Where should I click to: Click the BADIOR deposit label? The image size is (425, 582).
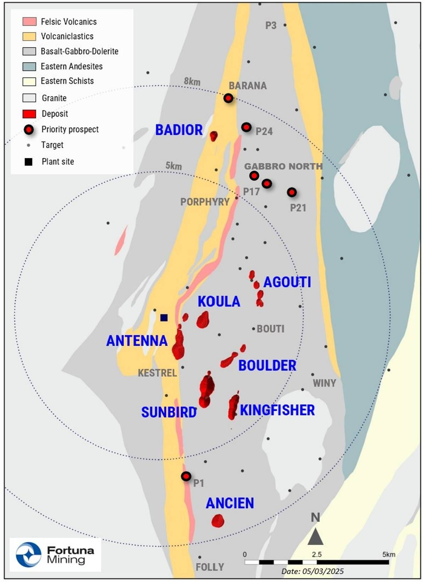179,130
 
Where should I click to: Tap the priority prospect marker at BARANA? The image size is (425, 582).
228,98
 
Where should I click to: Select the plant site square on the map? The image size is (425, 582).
164,317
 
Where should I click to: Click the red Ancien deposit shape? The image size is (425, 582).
217,521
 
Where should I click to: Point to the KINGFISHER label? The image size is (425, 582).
277,410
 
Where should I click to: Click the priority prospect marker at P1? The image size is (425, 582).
186,476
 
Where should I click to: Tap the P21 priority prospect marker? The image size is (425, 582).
292,192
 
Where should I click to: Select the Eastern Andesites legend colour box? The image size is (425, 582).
29,66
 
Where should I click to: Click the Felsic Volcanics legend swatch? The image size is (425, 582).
29,21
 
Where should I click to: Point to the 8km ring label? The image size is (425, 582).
192,82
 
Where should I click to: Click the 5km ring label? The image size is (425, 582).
173,166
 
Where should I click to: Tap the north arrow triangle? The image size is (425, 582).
315,537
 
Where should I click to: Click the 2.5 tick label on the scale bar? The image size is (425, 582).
316,554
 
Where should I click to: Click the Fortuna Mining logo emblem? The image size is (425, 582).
29,554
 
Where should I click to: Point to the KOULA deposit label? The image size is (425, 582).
219,301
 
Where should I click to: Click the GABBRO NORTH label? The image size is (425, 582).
283,166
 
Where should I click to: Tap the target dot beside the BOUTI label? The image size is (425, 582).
253,329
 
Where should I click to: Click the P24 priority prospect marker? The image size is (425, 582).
246,127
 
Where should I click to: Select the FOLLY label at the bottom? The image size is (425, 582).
210,567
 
